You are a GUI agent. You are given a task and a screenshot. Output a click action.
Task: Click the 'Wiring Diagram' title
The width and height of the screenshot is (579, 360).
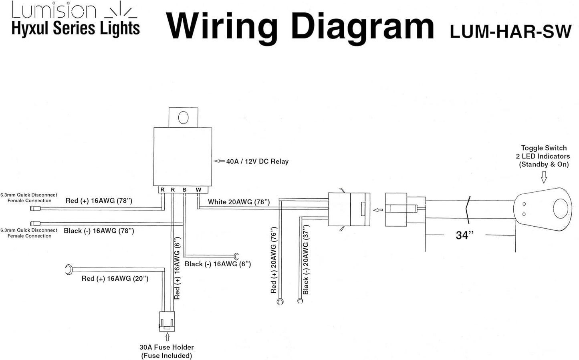coord(300,27)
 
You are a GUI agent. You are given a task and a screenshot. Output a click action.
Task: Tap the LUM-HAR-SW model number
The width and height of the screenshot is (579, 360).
coord(510,31)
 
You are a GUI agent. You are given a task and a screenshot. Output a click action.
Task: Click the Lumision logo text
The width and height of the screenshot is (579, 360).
coord(54,11)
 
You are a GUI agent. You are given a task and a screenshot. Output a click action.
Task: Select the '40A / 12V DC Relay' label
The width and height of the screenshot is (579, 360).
coord(257,161)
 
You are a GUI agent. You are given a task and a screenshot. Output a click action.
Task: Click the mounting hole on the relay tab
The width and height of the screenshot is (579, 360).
coord(183,117)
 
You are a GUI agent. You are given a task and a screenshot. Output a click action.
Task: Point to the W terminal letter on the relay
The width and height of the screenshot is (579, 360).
coord(198,190)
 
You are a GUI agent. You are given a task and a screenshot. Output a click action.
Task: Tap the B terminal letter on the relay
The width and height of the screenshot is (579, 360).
coord(184,190)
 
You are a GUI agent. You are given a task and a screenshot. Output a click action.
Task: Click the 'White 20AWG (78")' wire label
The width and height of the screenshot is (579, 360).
coord(238,202)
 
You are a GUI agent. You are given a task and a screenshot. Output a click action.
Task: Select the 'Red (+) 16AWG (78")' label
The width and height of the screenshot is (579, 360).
coord(99,201)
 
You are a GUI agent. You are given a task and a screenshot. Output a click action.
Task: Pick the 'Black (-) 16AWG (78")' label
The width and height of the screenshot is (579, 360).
coord(99,231)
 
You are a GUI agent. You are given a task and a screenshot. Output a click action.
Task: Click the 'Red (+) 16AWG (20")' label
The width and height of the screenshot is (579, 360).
coord(115,278)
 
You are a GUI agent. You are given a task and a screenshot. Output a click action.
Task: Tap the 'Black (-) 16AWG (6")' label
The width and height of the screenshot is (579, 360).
coord(218,264)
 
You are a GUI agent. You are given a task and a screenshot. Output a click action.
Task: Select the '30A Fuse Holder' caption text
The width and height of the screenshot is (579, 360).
coord(167,347)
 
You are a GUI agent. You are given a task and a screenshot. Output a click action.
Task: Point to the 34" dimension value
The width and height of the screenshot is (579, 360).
coord(464,235)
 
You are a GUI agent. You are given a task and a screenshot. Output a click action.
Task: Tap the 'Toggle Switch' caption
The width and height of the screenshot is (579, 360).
coord(544,148)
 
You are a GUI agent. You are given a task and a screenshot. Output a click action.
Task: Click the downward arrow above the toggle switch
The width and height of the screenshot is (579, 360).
coord(544,177)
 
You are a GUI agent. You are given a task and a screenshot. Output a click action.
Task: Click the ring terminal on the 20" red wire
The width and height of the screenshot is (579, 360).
coord(69,269)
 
